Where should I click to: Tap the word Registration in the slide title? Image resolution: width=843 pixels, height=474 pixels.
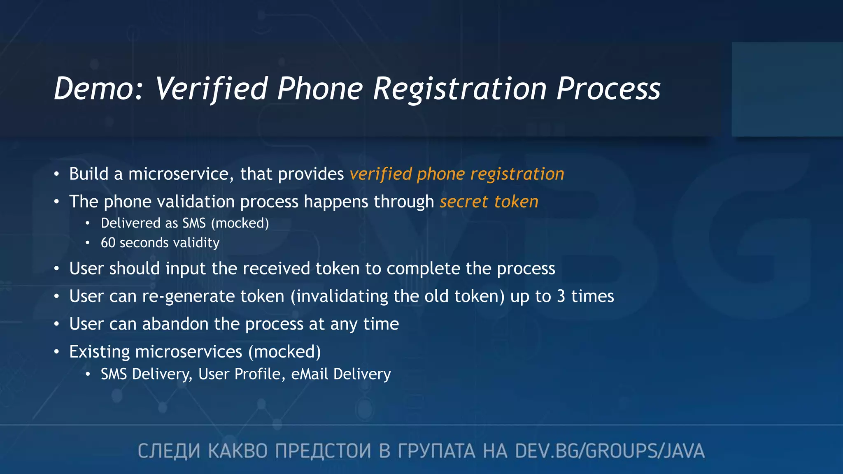coord(460,89)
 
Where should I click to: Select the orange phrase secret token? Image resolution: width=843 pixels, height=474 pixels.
coord(489,202)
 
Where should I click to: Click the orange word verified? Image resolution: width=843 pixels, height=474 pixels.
coord(380,174)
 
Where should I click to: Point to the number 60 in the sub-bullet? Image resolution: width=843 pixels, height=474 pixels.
coord(108,243)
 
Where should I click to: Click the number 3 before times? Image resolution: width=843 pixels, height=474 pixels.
coord(561,296)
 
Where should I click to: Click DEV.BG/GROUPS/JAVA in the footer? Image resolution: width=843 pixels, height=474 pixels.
coord(610,451)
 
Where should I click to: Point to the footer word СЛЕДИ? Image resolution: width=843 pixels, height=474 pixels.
coord(169,451)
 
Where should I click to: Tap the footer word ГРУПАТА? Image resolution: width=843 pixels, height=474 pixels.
coord(436,451)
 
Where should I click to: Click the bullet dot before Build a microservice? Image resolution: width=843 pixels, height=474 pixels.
coord(56,174)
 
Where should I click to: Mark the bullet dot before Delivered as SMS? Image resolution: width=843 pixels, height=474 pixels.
coord(87,223)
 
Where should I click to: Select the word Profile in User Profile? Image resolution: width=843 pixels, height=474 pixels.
coord(260,374)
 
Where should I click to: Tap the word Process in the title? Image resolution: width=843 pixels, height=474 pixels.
coord(608,88)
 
